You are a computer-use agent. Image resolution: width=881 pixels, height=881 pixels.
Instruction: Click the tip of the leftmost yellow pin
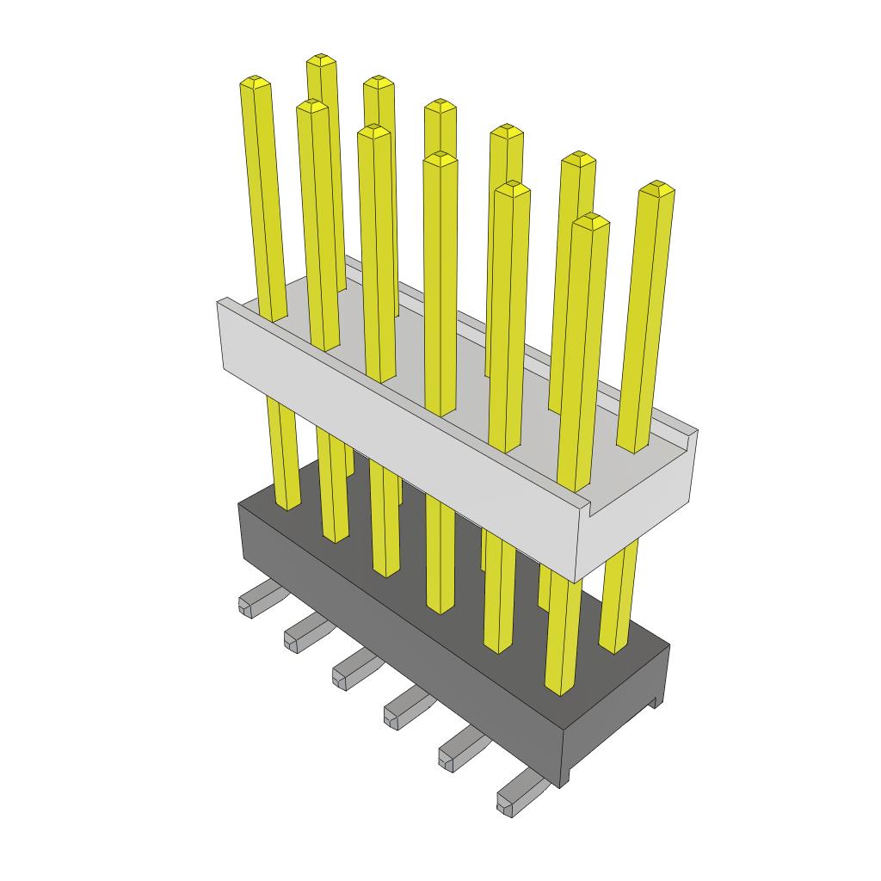[256, 83]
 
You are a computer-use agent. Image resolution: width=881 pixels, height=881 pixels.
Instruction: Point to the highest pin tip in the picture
[321, 59]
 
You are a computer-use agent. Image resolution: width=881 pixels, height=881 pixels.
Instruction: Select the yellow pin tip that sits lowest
[591, 220]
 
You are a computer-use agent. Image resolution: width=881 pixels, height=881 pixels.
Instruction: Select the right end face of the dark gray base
[615, 723]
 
